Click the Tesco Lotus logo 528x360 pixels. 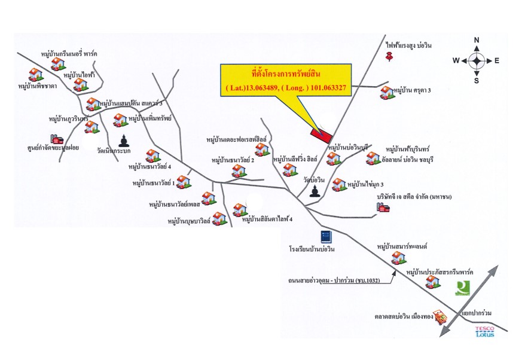pos(484,331)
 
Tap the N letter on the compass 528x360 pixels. pos(477,40)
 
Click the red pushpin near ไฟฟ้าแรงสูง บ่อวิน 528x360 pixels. pos(390,57)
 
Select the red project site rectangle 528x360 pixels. pos(321,136)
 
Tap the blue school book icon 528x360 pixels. pos(326,237)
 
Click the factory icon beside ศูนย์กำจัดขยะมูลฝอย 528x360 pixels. pos(57,139)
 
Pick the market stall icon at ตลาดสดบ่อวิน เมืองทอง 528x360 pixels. pos(440,316)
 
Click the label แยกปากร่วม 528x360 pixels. pos(477,313)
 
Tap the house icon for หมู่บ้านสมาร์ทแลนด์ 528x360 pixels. pos(399,258)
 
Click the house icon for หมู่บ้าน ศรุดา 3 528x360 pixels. pos(387,93)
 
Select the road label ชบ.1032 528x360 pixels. pos(368,280)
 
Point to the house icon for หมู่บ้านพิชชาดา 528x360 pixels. pos(36,75)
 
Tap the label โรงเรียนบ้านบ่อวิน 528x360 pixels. pos(312,249)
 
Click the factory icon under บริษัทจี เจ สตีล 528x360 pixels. pos(383,207)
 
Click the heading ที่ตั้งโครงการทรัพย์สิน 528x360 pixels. pos(286,74)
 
